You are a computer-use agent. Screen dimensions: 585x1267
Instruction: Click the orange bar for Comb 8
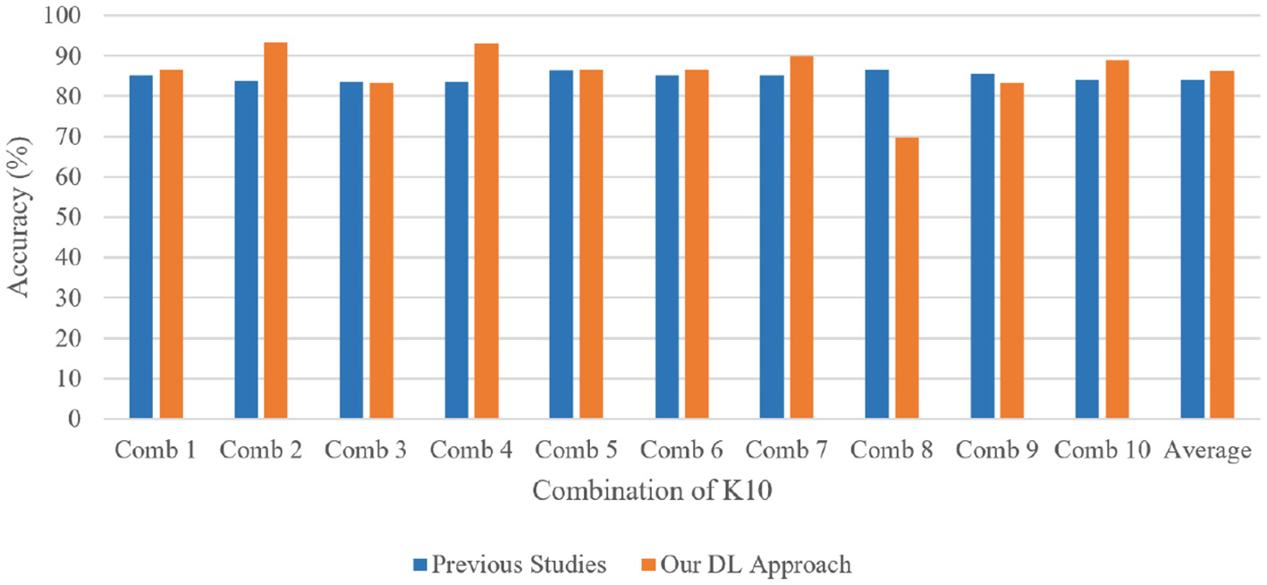[907, 278]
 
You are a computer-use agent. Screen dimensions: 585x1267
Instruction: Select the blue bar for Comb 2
[246, 250]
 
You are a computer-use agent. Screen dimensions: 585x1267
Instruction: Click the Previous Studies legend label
[519, 564]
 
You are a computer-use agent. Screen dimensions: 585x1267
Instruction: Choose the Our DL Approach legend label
[755, 564]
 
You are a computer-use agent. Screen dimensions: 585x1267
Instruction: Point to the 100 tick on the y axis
[63, 16]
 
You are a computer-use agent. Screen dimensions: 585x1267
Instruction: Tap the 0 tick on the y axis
[75, 420]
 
